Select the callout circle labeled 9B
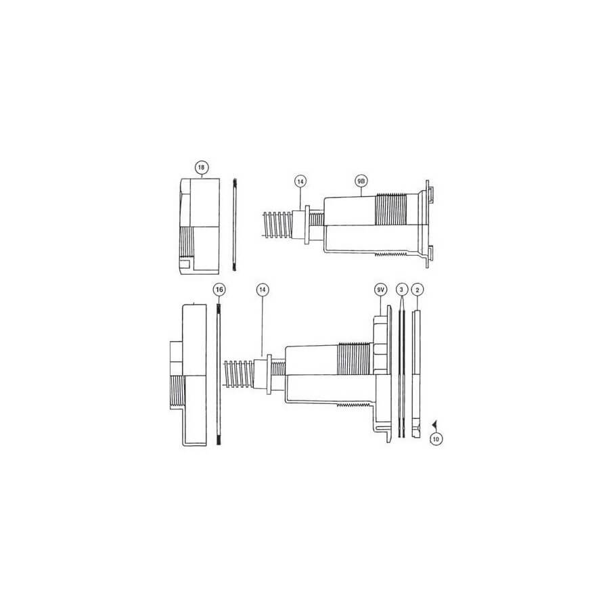pos(361,181)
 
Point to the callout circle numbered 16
pos(218,290)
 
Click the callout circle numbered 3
pos(402,290)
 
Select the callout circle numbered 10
pos(436,438)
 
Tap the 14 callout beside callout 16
pos(263,290)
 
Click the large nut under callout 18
pos(200,223)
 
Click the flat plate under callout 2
pos(418,372)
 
